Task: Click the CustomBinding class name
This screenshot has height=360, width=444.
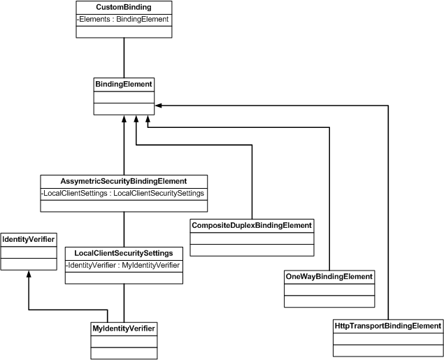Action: click(124, 7)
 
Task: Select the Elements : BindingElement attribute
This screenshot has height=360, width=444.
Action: click(123, 19)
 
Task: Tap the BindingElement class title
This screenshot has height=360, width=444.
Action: click(124, 85)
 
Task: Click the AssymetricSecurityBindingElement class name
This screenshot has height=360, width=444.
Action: click(124, 180)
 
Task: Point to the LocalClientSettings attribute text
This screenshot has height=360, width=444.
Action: click(124, 192)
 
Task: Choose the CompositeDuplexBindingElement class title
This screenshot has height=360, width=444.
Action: click(251, 225)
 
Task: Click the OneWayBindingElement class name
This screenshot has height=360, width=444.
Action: click(329, 277)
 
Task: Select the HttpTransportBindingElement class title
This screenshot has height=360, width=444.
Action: click(387, 326)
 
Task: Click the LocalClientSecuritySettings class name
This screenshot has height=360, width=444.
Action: click(124, 252)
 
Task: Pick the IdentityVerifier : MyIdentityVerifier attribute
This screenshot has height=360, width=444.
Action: click(124, 265)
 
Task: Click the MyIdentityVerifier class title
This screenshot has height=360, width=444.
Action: click(124, 329)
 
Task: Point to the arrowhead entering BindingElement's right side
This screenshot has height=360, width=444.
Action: click(158, 106)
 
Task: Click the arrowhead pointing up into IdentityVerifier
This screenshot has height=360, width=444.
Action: click(28, 275)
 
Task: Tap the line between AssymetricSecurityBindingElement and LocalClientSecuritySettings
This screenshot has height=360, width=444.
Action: click(124, 228)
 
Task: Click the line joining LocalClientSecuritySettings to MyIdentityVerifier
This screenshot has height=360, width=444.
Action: click(124, 303)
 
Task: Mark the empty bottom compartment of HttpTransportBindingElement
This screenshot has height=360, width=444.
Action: click(387, 350)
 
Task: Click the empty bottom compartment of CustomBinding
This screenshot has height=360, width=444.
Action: click(124, 31)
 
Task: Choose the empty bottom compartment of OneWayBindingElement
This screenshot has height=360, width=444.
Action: click(329, 301)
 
